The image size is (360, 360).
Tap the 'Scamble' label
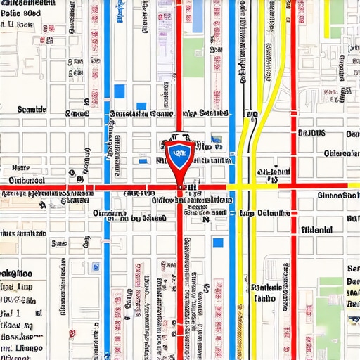pos(31,110)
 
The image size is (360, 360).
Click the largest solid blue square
pos(119,91)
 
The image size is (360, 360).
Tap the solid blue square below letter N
pos(218,242)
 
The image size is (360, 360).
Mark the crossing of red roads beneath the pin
pos(179,187)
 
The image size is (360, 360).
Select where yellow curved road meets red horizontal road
pos(247,186)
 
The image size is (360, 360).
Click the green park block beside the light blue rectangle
pos(194,57)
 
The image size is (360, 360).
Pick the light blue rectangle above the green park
pos(195,18)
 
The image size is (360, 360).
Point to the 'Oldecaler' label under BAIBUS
pos(341,153)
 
